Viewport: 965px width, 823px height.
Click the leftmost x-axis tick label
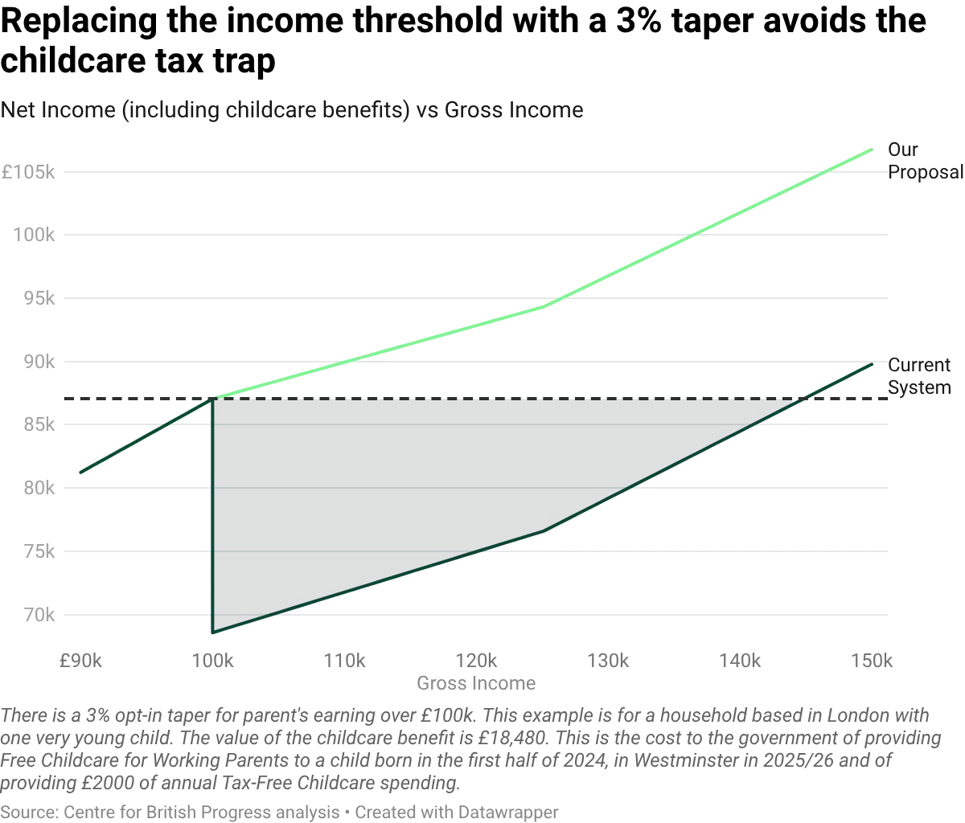pos(80,661)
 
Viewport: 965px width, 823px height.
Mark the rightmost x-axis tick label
pos(873,661)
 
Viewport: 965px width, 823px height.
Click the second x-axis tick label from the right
pos(741,661)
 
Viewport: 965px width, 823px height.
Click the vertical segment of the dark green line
pos(211,514)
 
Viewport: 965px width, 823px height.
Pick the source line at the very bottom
pos(278,813)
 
